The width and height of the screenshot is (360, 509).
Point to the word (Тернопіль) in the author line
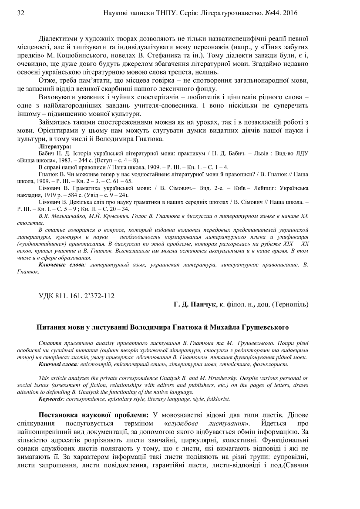(x=293, y=306)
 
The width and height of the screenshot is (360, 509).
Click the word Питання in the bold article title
(x=50, y=327)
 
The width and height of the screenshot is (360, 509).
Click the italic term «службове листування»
(x=210, y=423)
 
